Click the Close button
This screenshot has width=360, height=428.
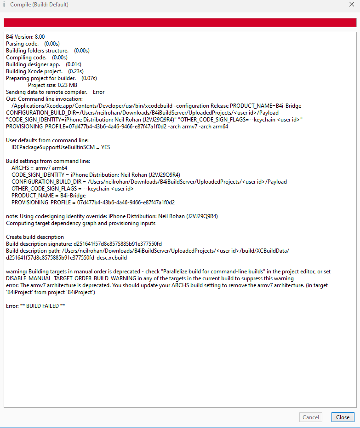click(x=343, y=417)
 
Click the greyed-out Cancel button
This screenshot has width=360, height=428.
click(x=311, y=417)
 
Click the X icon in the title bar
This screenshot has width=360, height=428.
click(x=352, y=4)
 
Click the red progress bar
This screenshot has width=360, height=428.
click(x=180, y=23)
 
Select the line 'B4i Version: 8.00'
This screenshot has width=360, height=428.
click(x=25, y=37)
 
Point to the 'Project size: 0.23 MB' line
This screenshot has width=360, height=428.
click(x=52, y=85)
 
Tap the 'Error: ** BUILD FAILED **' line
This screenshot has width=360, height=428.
click(x=35, y=306)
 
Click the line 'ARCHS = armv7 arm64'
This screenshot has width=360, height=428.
click(x=39, y=168)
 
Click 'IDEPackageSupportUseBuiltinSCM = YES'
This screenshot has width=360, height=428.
click(x=61, y=147)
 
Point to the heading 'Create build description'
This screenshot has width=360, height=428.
click(x=35, y=237)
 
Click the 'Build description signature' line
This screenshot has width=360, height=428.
click(x=84, y=243)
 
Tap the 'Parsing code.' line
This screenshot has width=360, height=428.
click(x=22, y=44)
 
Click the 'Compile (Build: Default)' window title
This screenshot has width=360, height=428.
click(x=39, y=5)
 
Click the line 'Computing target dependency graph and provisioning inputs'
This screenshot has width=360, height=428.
click(x=80, y=223)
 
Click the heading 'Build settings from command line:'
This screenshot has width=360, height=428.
click(x=48, y=161)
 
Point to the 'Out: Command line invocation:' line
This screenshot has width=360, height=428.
click(x=44, y=99)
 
